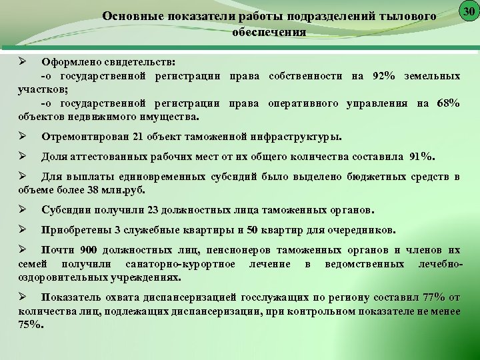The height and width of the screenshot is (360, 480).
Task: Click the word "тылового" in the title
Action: (x=407, y=15)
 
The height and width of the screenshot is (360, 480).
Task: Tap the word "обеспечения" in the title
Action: (x=270, y=31)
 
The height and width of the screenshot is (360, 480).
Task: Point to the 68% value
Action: (x=446, y=103)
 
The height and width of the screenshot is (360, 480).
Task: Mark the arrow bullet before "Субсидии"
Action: (x=22, y=209)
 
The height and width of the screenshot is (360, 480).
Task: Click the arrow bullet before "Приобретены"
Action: (x=22, y=229)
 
